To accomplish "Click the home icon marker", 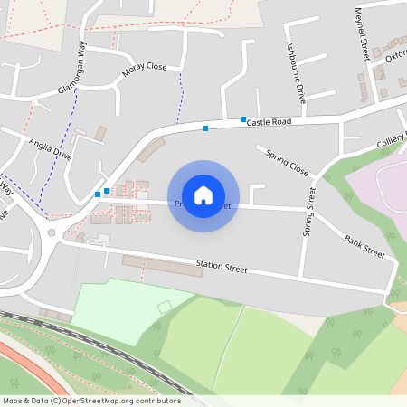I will click(203, 194).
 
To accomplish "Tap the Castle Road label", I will click(269, 121).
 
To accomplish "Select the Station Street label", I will click(222, 268).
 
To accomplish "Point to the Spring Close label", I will click(287, 163).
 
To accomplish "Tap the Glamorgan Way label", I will click(71, 68).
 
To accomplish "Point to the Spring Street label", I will click(308, 213).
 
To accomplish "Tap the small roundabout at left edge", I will click(52, 232).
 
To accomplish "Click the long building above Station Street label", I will click(163, 266).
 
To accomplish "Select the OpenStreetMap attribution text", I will click(91, 401).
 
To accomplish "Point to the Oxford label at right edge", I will click(396, 54).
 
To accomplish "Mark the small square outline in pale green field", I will click(165, 308).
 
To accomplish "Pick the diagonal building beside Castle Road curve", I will click(150, 148).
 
